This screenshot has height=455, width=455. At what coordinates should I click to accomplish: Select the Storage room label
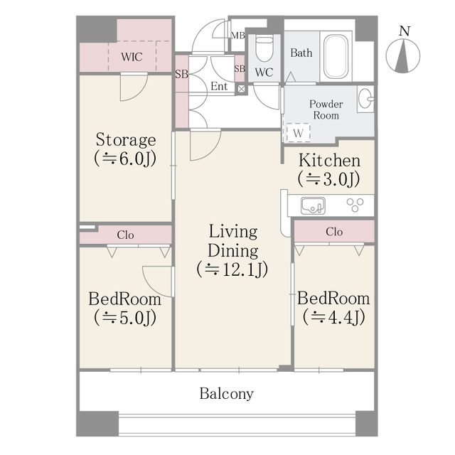click(x=125, y=139)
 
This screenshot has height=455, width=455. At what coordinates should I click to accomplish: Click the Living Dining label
click(x=232, y=241)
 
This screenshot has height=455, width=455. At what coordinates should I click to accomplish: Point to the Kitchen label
click(x=328, y=161)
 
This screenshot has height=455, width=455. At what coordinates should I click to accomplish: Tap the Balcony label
click(x=226, y=393)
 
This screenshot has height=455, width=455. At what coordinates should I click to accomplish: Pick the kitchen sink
click(x=312, y=205)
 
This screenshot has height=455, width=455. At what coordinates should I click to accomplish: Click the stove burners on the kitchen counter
click(x=355, y=205)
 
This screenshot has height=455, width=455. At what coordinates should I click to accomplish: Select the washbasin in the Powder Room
click(x=365, y=100)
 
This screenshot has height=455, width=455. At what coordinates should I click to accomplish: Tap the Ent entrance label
click(x=219, y=86)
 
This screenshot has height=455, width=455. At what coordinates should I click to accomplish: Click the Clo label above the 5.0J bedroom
click(x=125, y=235)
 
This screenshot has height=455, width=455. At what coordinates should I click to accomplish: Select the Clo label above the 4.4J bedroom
click(x=333, y=232)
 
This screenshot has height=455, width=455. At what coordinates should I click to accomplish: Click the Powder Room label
click(x=326, y=109)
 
